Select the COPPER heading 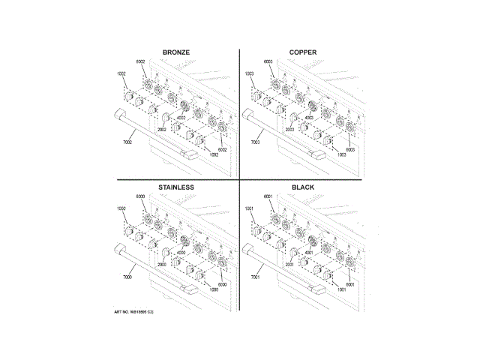click(x=302, y=52)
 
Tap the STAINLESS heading click(x=176, y=186)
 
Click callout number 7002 click(x=127, y=142)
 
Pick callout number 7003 click(x=255, y=142)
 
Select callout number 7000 click(x=127, y=277)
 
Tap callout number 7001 click(x=255, y=277)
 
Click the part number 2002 click(x=161, y=130)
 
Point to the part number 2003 click(x=289, y=130)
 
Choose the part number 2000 click(x=161, y=265)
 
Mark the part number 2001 click(x=289, y=265)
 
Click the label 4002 click(x=181, y=118)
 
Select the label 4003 click(x=308, y=118)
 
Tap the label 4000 click(x=181, y=253)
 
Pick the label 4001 click(x=308, y=253)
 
